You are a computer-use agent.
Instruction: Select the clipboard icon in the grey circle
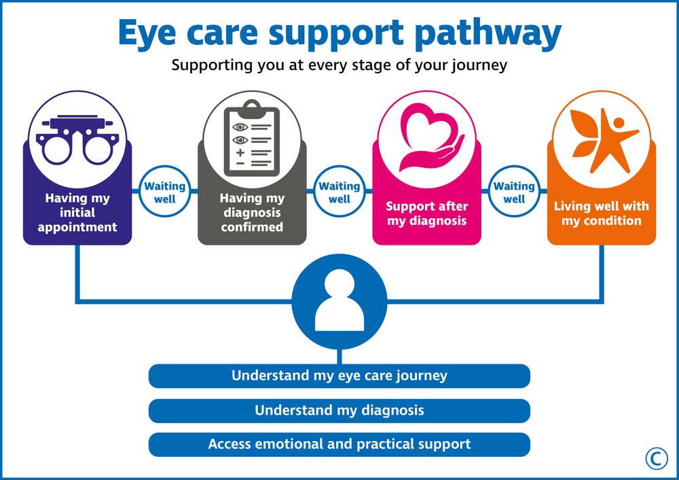click(x=252, y=138)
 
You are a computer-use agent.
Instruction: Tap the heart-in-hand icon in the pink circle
click(x=426, y=139)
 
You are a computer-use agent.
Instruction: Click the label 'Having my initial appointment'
click(x=77, y=213)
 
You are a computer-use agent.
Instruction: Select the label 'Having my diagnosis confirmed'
click(x=252, y=213)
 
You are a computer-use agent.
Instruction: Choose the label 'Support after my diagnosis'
click(x=427, y=213)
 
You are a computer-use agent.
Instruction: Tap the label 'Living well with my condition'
click(x=602, y=213)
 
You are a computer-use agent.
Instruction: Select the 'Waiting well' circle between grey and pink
click(x=339, y=192)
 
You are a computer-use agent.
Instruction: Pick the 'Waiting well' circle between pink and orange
click(x=514, y=192)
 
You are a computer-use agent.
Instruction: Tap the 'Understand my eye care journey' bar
click(x=339, y=376)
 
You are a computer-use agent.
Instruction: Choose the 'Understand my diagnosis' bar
click(x=339, y=411)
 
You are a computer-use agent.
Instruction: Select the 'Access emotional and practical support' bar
click(x=339, y=445)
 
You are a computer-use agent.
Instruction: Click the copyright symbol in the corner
click(x=657, y=459)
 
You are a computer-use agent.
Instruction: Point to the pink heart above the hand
click(x=424, y=124)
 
